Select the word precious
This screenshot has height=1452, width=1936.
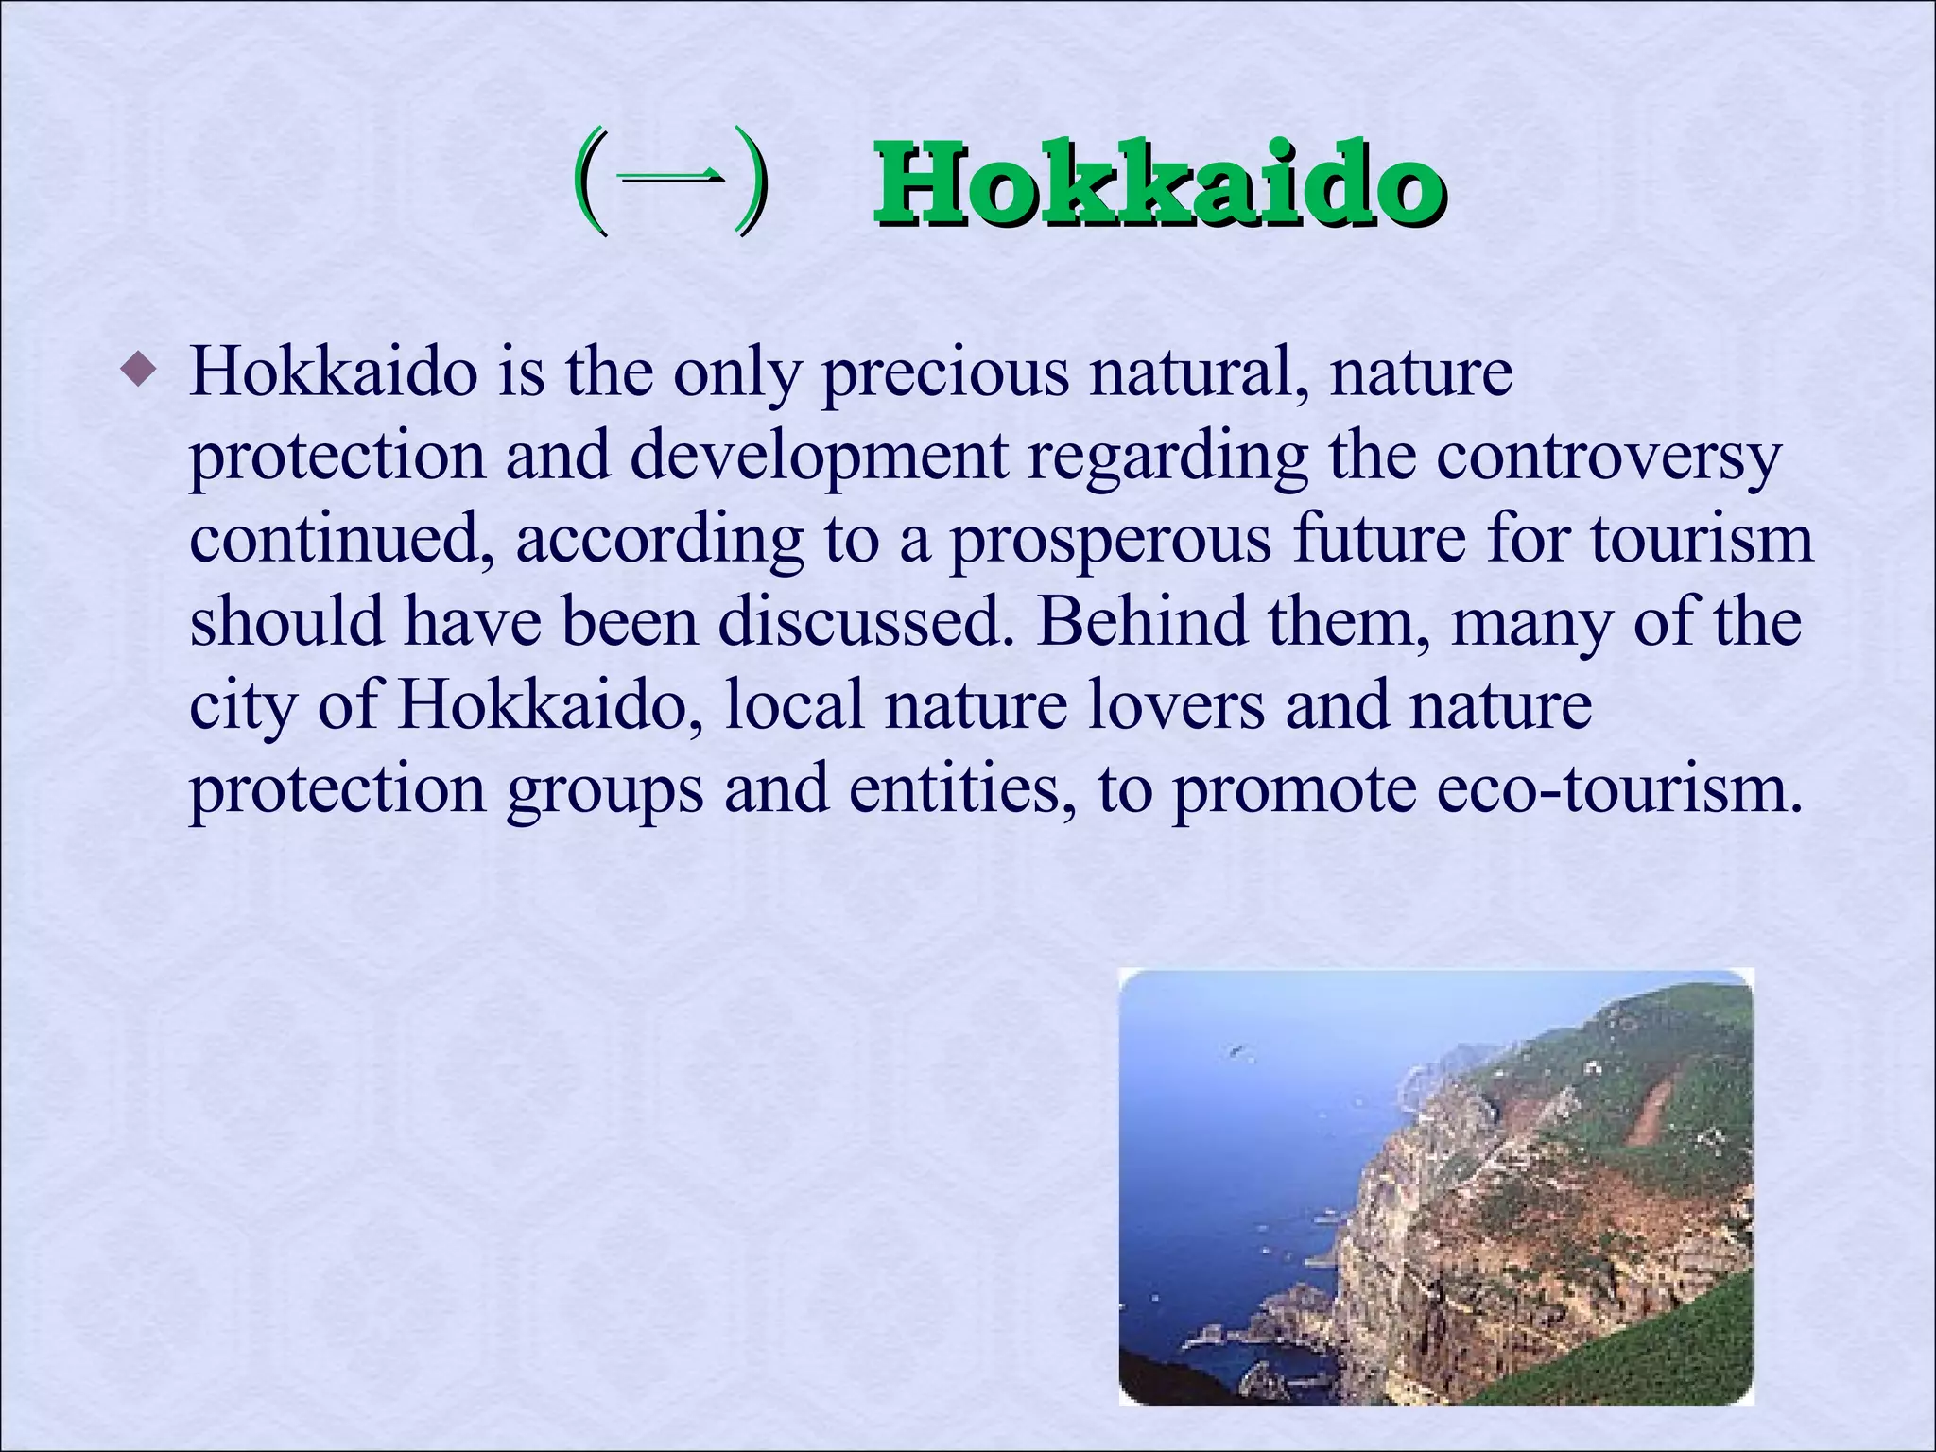(x=945, y=373)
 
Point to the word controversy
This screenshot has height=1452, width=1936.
(x=1608, y=457)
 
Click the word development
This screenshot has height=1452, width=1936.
(x=819, y=457)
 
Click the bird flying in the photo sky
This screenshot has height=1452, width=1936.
(x=1235, y=1049)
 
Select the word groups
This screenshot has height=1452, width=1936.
(x=605, y=790)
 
